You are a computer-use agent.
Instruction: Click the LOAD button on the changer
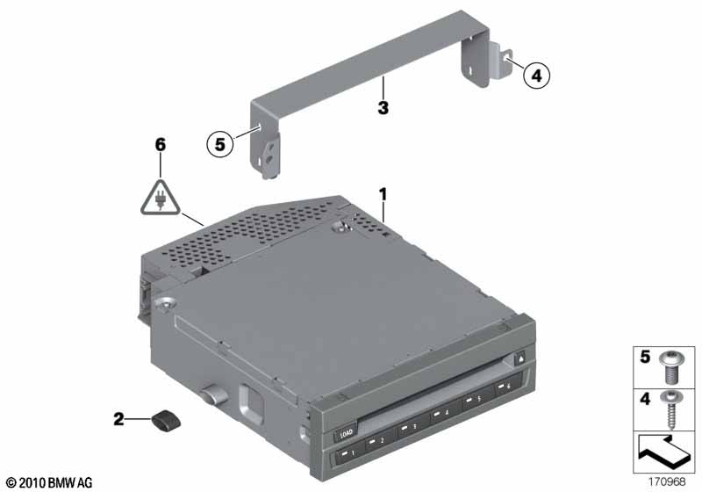pos(346,433)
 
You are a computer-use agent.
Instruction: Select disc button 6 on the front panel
pos(505,387)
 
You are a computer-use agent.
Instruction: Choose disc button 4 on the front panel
pos(444,411)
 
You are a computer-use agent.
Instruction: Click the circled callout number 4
pos(536,76)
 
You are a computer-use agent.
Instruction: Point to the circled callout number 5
pos(220,144)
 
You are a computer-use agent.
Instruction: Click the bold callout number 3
pos(383,107)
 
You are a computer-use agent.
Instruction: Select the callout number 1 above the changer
pos(383,194)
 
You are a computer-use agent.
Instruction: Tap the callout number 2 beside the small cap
pos(118,419)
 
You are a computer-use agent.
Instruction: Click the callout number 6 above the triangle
pos(161,144)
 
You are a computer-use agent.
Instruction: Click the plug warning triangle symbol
pos(160,199)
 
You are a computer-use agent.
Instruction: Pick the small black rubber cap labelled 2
pos(166,421)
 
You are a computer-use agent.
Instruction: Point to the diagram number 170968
pos(667,482)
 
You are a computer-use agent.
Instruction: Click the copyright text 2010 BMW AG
pos(48,482)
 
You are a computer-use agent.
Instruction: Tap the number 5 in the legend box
pos(645,357)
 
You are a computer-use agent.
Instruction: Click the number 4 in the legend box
pos(645,398)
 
